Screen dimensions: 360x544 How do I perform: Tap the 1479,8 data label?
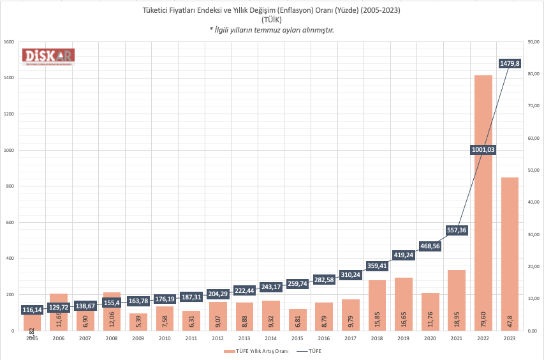tap(510, 63)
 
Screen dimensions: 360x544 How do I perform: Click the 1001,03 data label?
tap(483, 150)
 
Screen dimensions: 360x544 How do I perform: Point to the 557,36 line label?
tap(456, 230)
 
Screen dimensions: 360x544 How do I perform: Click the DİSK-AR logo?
tap(49, 57)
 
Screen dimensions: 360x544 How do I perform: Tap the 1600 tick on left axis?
tap(10, 42)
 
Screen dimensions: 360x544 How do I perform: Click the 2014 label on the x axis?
tap(271, 338)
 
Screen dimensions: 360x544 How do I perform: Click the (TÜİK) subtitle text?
tap(272, 20)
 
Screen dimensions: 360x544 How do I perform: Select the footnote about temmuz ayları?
tap(272, 30)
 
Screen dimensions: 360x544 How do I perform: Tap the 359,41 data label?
tap(377, 266)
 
